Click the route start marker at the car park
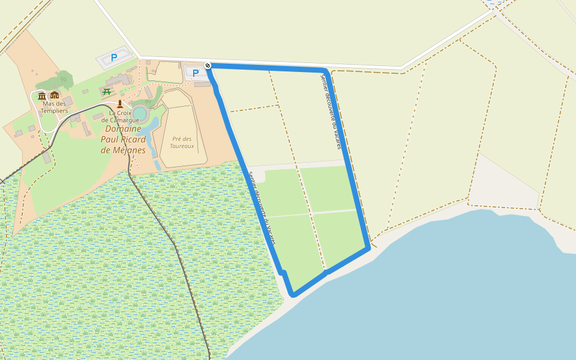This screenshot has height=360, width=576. pos(208,65)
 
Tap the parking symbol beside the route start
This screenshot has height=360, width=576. pos(195,73)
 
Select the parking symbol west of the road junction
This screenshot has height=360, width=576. pos(114,58)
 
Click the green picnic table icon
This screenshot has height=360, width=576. pos(107,91)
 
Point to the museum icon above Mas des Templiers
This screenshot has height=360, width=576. pos(42,95)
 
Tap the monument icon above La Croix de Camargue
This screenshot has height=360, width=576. pos(120,104)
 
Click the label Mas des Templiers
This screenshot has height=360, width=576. pos(54,107)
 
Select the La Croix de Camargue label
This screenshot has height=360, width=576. pos(124,116)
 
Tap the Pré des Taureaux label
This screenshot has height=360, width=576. pos(182,142)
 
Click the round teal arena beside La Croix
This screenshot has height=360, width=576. pos(140,113)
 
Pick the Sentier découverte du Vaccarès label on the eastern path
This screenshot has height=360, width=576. pos(331,112)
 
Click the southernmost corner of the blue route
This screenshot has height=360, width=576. pos(293,295)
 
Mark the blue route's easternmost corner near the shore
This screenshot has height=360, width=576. pos(368,248)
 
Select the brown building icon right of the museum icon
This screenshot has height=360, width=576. pos(55,95)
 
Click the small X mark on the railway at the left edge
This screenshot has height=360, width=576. pos(2,181)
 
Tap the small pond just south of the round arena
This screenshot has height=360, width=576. pos(151,125)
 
